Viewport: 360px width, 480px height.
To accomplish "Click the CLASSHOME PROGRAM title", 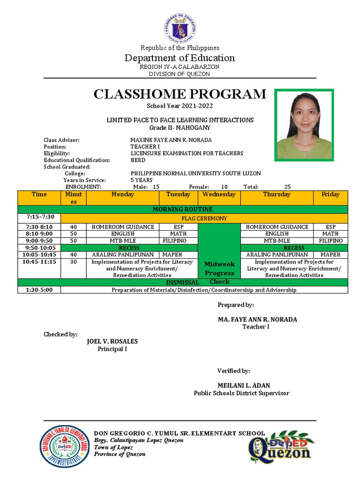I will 180,94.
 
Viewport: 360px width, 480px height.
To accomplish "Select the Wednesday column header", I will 219,195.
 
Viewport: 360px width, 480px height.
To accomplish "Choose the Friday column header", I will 330,195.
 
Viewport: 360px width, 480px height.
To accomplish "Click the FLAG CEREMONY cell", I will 204,218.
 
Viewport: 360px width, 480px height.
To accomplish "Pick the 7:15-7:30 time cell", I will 39,217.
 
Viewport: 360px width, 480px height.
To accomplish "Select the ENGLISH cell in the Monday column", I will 123,233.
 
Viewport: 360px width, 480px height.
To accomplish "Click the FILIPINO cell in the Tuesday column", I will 174,240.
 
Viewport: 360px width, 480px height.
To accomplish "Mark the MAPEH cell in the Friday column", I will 330,255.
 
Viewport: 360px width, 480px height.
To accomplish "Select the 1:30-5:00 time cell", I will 39,290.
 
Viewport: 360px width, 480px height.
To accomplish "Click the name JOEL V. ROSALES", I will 112,341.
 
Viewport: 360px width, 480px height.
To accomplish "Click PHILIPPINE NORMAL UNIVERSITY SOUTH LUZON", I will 195,173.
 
